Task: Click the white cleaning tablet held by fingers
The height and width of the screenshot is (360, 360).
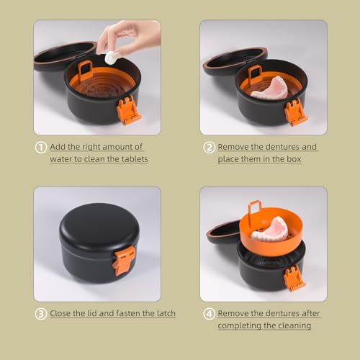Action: point(111,56)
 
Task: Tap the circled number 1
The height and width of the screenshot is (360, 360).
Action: point(41,147)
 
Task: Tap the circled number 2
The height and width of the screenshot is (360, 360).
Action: point(209,147)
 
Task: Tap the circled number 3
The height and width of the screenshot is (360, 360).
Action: point(41,313)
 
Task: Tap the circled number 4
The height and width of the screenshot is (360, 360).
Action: point(209,313)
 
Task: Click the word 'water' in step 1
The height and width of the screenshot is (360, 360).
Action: point(62,158)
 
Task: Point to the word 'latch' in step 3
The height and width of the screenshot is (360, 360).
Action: point(161,313)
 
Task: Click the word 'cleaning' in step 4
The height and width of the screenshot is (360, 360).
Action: point(295,325)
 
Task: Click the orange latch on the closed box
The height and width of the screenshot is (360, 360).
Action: point(123,259)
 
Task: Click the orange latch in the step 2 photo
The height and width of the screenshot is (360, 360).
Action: point(295,112)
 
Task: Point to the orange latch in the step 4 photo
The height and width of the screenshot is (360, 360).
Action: point(294,277)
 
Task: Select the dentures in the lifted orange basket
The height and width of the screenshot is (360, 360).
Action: point(269,229)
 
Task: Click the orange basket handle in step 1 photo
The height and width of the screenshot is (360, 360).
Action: point(85,70)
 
